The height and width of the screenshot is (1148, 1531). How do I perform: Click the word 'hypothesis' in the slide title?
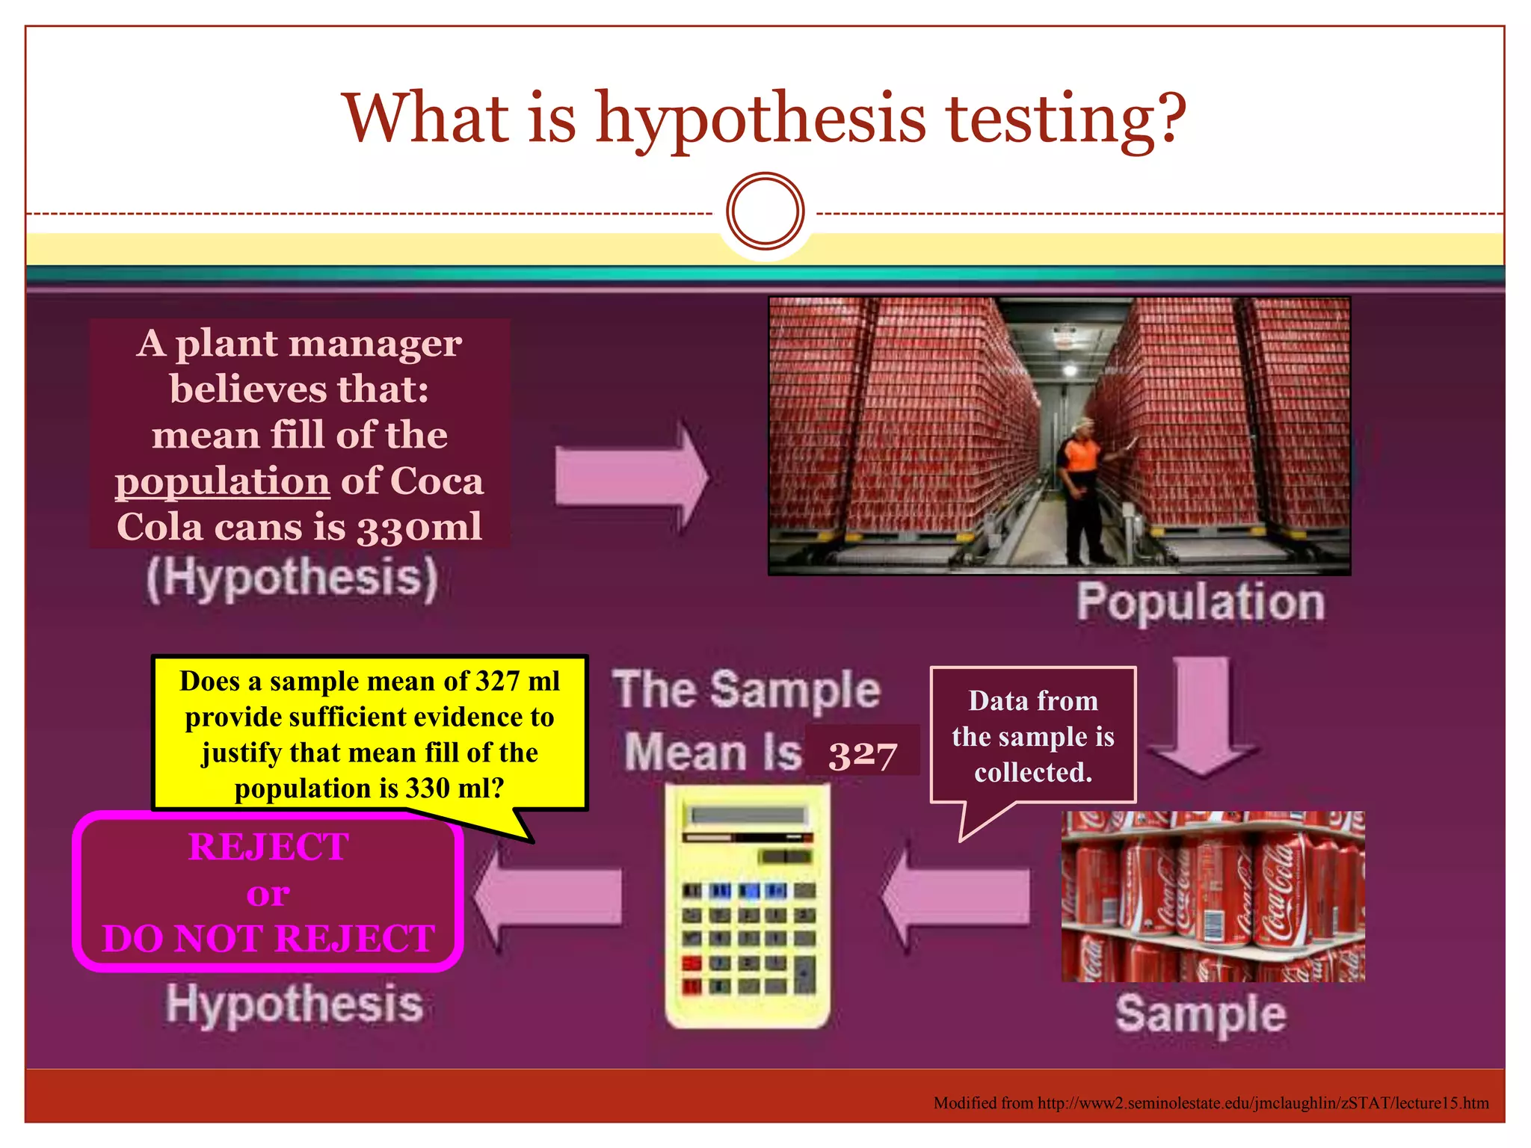[761, 120]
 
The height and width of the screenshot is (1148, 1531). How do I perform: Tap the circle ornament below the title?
[765, 212]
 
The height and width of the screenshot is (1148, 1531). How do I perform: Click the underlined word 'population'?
[222, 481]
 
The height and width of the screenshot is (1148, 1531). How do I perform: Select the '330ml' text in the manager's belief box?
[419, 527]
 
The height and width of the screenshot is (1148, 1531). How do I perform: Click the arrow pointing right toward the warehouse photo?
[632, 477]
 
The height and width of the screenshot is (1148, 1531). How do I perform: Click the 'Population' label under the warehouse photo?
[1201, 602]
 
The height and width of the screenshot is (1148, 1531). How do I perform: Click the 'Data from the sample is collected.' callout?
[1033, 736]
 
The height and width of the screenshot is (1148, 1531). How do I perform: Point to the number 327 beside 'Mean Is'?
[862, 753]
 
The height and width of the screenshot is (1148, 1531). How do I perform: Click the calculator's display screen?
[748, 815]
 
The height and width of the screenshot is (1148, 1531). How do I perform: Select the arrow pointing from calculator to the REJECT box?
[549, 895]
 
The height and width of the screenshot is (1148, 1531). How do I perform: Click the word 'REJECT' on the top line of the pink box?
[268, 847]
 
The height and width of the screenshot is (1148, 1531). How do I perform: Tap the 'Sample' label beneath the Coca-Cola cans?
[1201, 1014]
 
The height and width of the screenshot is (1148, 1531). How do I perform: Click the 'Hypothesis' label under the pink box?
[295, 1004]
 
